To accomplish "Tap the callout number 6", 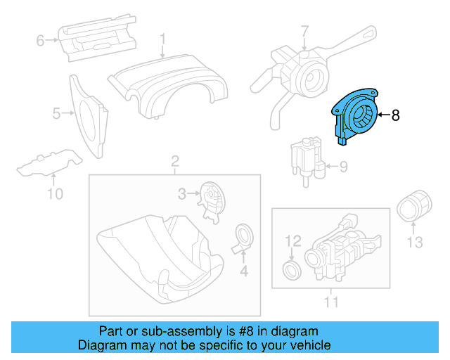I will pos(40,41).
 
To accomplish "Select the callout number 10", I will pos(55,193).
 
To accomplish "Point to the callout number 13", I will pos(415,243).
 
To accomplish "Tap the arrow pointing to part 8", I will pos(383,115).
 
